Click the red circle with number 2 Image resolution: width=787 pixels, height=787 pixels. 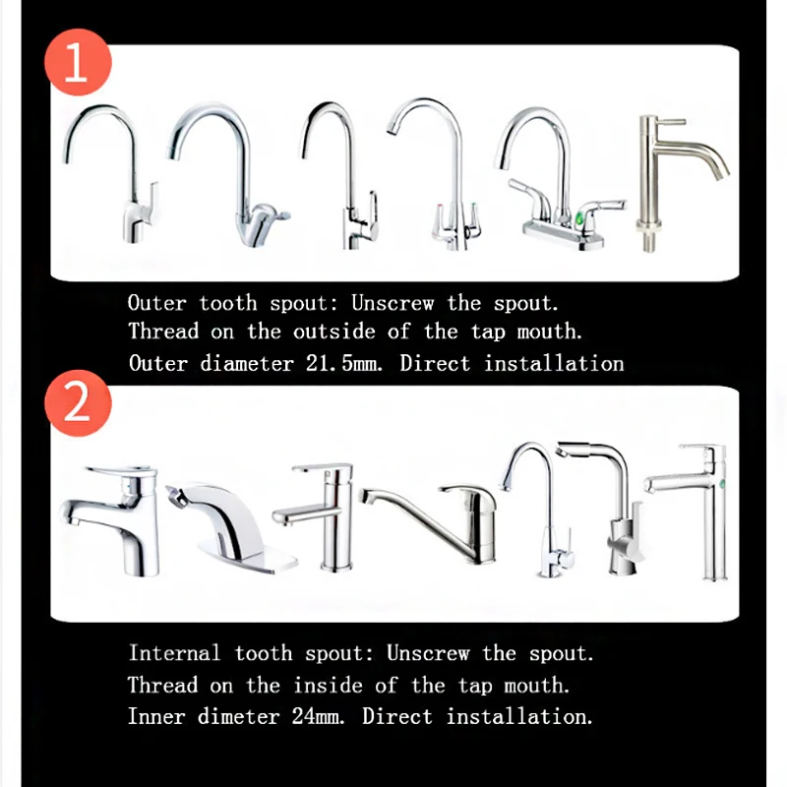click(78, 405)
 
